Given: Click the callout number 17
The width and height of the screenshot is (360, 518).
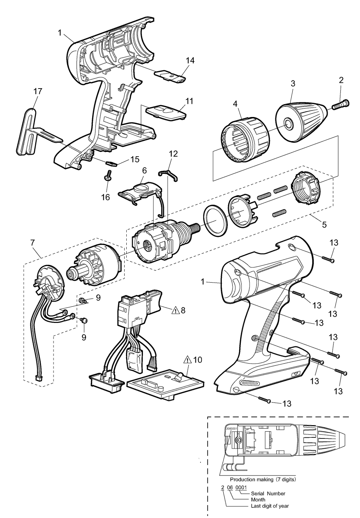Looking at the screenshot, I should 37,91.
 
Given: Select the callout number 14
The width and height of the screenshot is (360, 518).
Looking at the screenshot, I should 190,60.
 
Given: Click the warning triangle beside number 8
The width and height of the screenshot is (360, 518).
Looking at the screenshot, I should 175,310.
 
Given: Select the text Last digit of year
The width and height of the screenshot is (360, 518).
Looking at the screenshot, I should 270,506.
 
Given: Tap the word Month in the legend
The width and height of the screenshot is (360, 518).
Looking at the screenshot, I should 258,500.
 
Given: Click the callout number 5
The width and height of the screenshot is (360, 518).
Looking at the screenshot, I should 324,225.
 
